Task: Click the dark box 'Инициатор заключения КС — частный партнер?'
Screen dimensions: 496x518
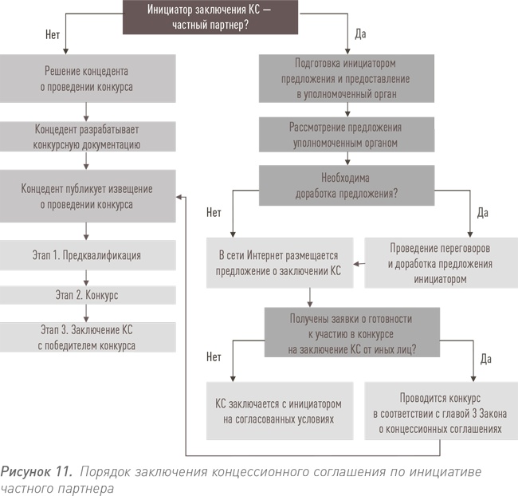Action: point(208,17)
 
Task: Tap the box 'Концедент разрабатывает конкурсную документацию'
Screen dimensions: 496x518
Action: point(87,136)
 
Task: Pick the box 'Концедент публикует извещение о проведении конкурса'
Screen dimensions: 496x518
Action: point(87,196)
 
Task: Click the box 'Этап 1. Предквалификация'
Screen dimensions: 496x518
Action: point(87,256)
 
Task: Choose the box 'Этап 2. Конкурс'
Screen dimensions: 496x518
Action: point(87,294)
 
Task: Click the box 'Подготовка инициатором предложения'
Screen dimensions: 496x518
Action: point(345,77)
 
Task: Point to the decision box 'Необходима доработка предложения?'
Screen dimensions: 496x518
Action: point(345,185)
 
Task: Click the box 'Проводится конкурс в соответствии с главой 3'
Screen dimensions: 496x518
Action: point(437,410)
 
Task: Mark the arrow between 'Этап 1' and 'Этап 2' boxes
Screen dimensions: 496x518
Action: point(87,277)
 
